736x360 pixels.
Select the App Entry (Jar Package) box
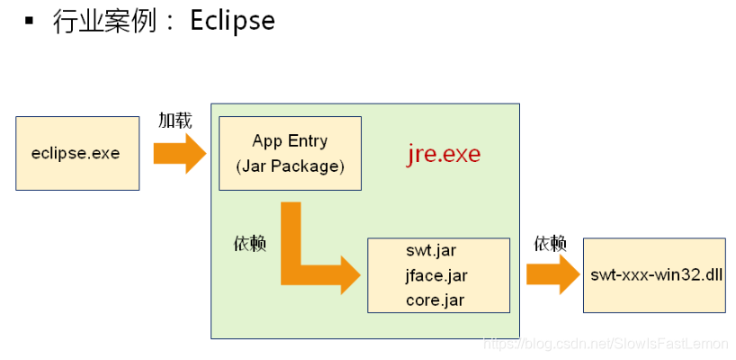[x=290, y=153]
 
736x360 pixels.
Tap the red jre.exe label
[x=444, y=154]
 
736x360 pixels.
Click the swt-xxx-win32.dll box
[x=654, y=275]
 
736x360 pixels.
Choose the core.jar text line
[x=435, y=300]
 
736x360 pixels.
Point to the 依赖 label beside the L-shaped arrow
[x=249, y=244]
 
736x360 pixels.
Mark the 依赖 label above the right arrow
[x=550, y=243]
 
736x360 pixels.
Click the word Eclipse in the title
[x=232, y=21]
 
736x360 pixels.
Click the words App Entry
[x=290, y=141]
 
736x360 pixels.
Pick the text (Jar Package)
[x=290, y=166]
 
